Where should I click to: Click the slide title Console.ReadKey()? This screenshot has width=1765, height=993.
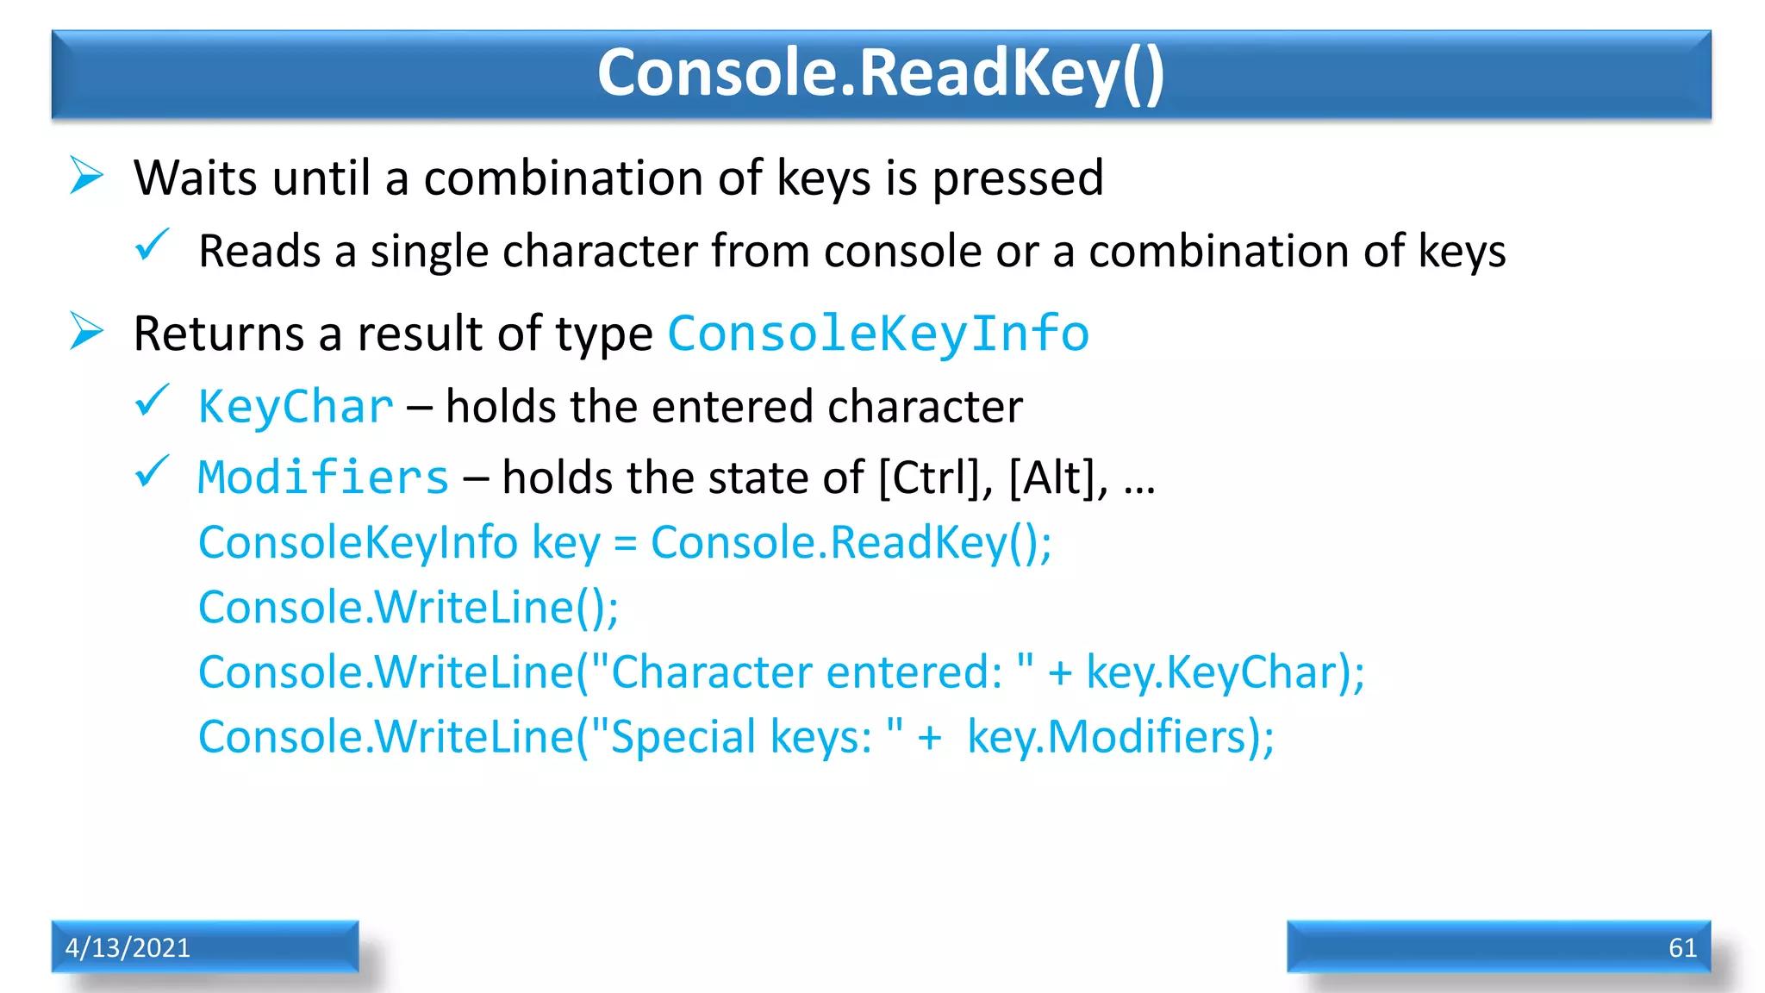(x=881, y=73)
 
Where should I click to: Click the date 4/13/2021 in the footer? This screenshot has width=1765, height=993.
(x=128, y=947)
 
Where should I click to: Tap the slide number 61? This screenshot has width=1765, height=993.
(x=1682, y=947)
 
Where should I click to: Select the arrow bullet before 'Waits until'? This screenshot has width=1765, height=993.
(x=86, y=176)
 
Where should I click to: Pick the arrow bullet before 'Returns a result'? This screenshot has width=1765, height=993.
(x=86, y=332)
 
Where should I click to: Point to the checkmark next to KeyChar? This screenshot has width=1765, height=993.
(x=153, y=402)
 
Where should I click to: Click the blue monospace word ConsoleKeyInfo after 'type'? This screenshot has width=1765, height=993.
(x=878, y=334)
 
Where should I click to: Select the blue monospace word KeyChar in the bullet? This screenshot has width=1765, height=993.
(x=296, y=407)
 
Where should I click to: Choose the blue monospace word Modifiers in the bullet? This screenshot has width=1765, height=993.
(x=323, y=478)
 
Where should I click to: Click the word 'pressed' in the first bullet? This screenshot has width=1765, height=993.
(x=1018, y=178)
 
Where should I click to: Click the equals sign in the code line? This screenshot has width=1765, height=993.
(x=625, y=544)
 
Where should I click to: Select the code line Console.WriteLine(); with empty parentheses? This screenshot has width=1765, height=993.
(x=409, y=608)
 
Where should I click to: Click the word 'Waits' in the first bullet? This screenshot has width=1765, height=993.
(x=196, y=178)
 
